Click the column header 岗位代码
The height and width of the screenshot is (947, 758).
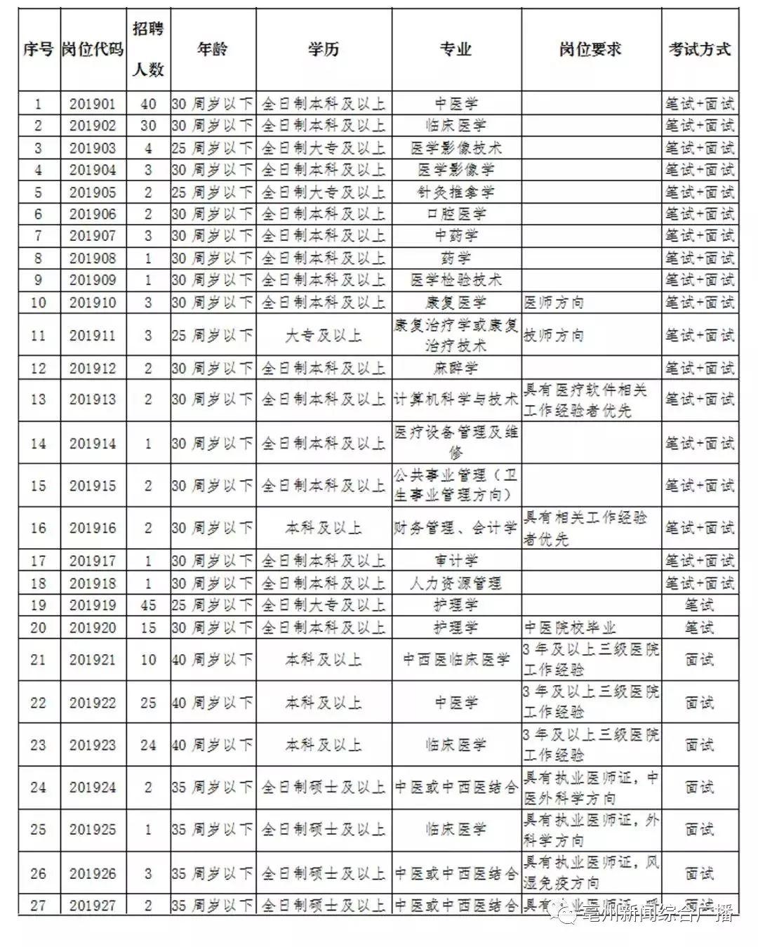93,49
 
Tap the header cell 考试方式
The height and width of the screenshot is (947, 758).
699,49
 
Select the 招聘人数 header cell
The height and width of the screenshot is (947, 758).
148,49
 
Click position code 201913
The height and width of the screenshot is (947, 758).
93,399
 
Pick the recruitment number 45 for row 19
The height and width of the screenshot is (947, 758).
148,605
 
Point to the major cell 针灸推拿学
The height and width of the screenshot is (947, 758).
456,192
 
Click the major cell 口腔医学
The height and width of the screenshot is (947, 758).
456,214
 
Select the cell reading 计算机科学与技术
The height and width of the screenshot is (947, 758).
456,399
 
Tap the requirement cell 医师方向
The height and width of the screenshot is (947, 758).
554,303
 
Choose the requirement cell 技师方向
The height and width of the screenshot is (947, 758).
554,336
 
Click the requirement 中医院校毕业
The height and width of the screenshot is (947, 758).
569,628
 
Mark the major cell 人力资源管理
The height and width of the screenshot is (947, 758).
456,583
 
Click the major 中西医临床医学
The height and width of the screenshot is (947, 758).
456,660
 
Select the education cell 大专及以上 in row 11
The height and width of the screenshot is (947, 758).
323,336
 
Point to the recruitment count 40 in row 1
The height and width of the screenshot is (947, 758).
148,104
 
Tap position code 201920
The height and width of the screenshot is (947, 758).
93,628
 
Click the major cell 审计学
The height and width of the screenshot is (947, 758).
456,561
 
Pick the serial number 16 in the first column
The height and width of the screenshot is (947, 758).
39,528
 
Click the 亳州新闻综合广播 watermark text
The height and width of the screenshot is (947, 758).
656,914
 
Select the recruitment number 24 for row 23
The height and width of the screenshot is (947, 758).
148,745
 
